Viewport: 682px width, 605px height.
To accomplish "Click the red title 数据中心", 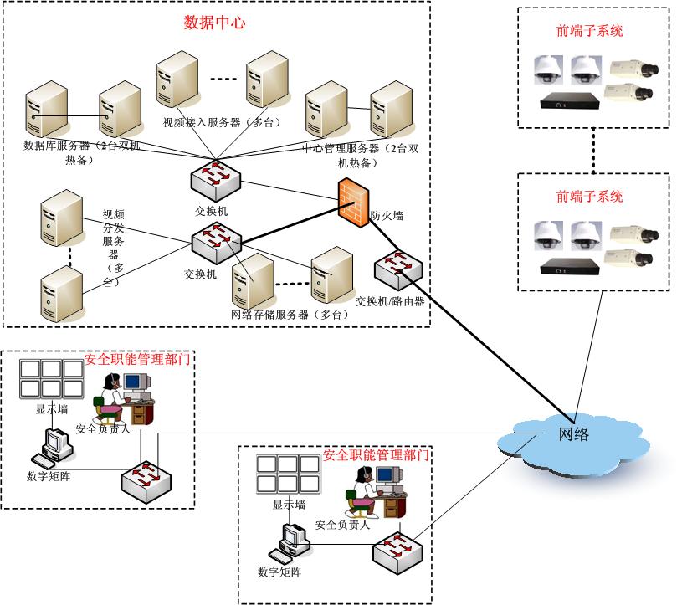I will coord(214,23).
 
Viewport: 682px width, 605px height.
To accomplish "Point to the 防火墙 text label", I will coord(387,216).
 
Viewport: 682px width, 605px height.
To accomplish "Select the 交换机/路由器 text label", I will coord(390,301).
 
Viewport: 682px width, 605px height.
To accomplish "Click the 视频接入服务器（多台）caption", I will coord(213,122).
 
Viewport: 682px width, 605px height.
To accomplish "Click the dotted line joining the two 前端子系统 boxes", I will coord(594,151).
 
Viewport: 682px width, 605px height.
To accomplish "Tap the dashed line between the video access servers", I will coord(223,79).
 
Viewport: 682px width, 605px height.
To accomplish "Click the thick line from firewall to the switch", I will coord(293,222).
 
